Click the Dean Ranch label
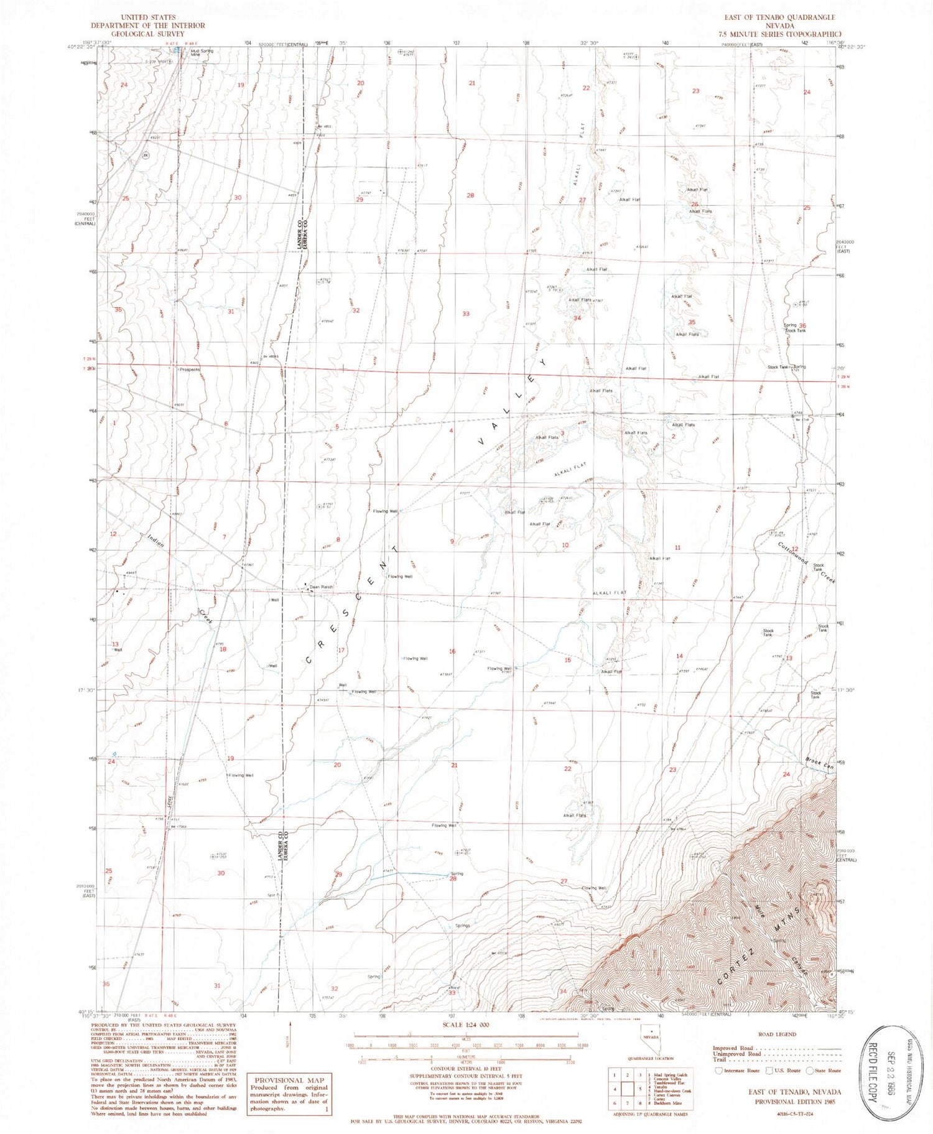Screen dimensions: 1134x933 click(x=322, y=587)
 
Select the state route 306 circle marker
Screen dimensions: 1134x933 click(x=145, y=156)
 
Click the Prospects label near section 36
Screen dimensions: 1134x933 click(x=189, y=369)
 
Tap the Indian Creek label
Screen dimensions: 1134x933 click(x=157, y=542)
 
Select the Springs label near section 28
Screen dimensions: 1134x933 click(x=462, y=926)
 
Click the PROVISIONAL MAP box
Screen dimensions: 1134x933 click(x=289, y=1093)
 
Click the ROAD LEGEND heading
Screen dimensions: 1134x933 click(x=776, y=1034)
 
